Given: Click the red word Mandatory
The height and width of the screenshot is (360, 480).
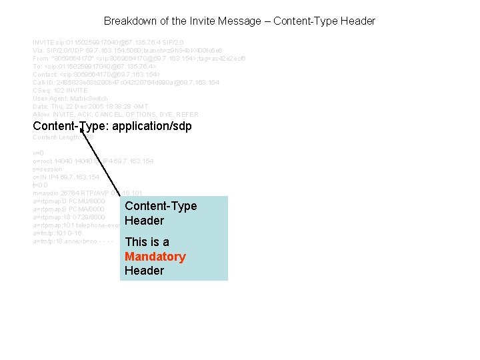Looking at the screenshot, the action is pos(155,257).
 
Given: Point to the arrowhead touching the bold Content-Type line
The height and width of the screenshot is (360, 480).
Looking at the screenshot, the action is pos(81,131).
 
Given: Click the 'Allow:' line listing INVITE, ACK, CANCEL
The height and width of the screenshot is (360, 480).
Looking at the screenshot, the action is pos(115,114).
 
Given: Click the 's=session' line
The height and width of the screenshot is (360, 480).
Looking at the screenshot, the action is pos(47,169).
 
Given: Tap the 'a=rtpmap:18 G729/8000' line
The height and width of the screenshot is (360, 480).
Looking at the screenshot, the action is pos(69,217).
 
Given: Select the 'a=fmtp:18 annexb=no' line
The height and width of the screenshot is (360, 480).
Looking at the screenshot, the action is pos(73,241).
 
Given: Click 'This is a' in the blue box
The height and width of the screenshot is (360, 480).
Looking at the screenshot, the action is pos(147,242).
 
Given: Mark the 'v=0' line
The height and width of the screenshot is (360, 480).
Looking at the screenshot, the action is pos(39,153).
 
